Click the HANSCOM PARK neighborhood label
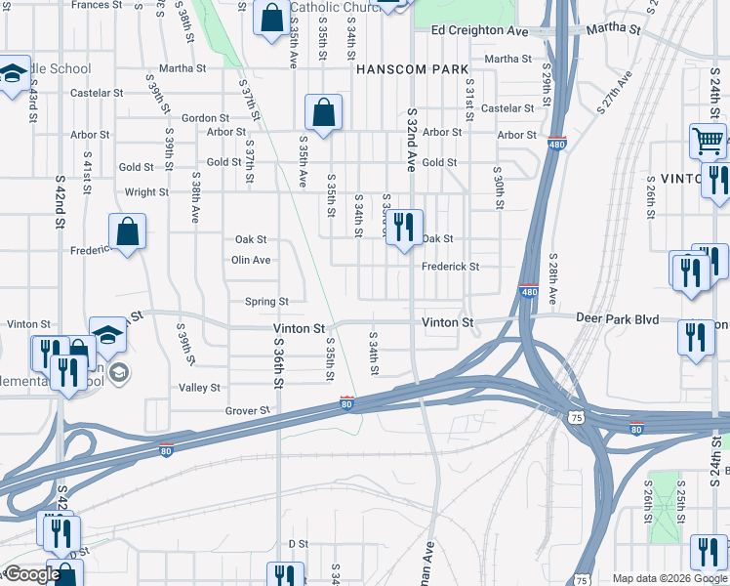point(412,69)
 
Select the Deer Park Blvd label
point(618,319)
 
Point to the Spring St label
point(266,302)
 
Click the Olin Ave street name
point(251,260)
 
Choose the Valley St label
point(200,388)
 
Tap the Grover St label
point(247,411)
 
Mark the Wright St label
point(146,192)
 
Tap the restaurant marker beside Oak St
point(405,229)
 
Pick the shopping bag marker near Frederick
point(127,231)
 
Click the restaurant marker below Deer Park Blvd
point(694,337)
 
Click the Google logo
point(31,574)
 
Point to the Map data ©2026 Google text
point(669,578)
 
